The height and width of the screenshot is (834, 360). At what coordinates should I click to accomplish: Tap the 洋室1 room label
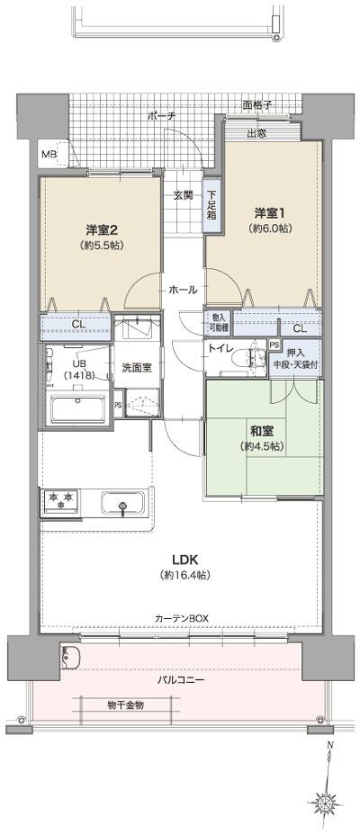coord(269,212)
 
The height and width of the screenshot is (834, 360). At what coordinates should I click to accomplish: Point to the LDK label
coord(179,558)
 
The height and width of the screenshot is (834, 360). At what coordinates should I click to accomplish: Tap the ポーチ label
coord(162,116)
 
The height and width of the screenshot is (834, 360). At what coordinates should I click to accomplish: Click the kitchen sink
coord(123,501)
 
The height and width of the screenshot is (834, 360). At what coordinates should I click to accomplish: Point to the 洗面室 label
coord(138,366)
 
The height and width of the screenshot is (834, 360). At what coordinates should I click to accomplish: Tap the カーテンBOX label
coord(180,618)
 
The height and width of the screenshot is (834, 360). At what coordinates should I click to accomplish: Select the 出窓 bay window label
coord(256,134)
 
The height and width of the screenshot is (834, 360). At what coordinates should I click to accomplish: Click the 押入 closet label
coord(295,353)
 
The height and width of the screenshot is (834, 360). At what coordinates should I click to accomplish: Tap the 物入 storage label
coord(219,318)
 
